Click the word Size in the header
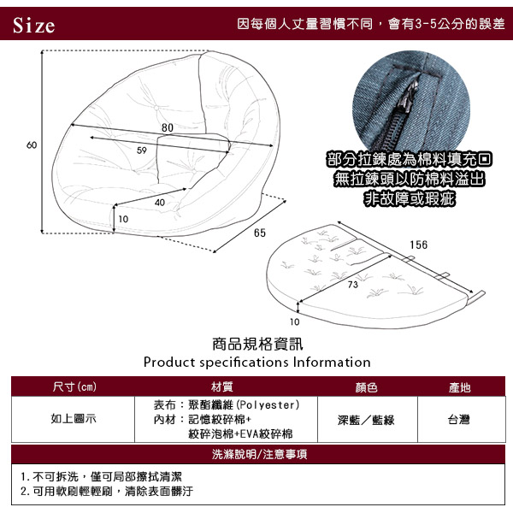click(x=33, y=25)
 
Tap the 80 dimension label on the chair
click(x=168, y=127)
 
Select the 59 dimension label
click(x=142, y=150)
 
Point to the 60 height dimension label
click(x=32, y=145)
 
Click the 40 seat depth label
click(x=160, y=203)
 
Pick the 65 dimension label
click(x=260, y=233)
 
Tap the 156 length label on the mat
click(x=418, y=245)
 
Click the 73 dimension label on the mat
click(x=352, y=285)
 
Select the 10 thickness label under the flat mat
click(x=294, y=322)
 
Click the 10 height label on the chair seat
click(x=123, y=219)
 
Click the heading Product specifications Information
click(x=256, y=363)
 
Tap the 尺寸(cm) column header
click(x=74, y=386)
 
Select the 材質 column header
click(x=221, y=387)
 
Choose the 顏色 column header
click(x=367, y=387)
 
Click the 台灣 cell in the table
click(x=459, y=419)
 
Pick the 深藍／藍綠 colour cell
click(x=366, y=420)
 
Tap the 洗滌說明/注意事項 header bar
click(x=258, y=454)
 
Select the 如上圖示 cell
click(x=74, y=418)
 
